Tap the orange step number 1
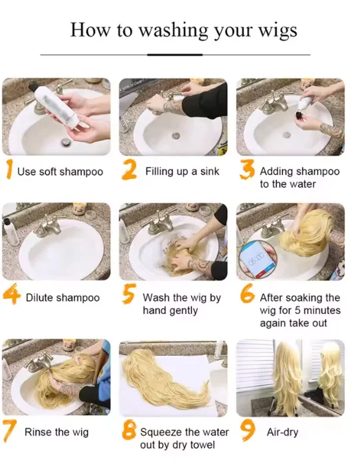pyautogui.click(x=10, y=169)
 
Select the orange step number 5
pyautogui.click(x=129, y=293)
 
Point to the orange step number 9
pyautogui.click(x=248, y=430)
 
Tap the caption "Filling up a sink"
pyautogui.click(x=182, y=171)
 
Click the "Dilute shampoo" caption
pyautogui.click(x=63, y=297)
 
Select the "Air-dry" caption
pyautogui.click(x=282, y=432)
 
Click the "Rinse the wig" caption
pyautogui.click(x=56, y=432)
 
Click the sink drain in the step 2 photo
pyautogui.click(x=176, y=135)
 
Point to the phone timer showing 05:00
pyautogui.click(x=257, y=258)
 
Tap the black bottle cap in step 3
pyautogui.click(x=299, y=116)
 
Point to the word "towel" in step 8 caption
pyautogui.click(x=201, y=445)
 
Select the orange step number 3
pyautogui.click(x=247, y=169)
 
